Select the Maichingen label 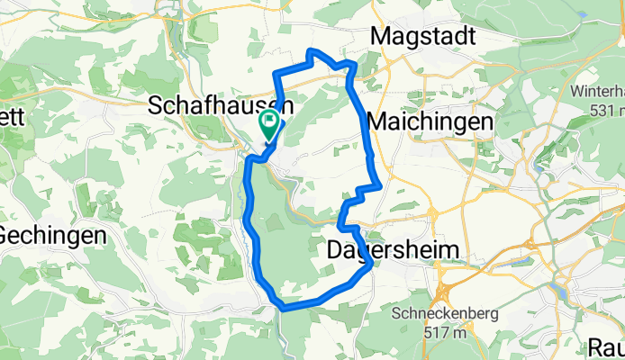430,121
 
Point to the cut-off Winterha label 597,92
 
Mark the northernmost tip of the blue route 311,50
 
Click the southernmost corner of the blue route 285,308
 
